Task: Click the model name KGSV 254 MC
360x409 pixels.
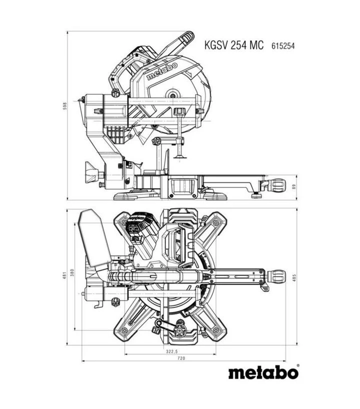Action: (x=233, y=45)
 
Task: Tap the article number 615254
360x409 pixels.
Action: (x=283, y=46)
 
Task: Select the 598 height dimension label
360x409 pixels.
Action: (x=64, y=105)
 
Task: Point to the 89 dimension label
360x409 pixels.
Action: (x=294, y=187)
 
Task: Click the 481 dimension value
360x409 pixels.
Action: (x=64, y=275)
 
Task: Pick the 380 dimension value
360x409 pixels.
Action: (x=72, y=272)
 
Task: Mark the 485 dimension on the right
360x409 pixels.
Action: (x=294, y=277)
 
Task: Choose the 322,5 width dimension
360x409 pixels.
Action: (x=172, y=351)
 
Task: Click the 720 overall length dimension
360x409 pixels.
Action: (x=181, y=358)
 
